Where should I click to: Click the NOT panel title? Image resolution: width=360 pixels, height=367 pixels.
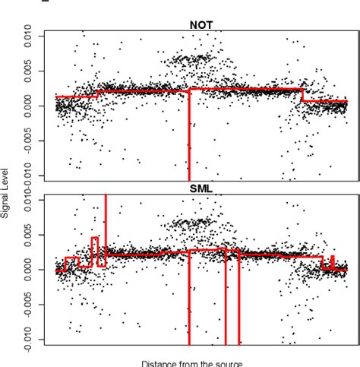(x=200, y=24)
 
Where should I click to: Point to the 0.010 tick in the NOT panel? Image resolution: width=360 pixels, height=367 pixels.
(x=28, y=36)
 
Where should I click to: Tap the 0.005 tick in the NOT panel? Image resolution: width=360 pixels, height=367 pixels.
(x=28, y=71)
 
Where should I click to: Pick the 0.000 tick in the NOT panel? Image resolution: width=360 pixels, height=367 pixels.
(x=28, y=106)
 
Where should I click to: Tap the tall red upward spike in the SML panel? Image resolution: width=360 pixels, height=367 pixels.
(x=106, y=220)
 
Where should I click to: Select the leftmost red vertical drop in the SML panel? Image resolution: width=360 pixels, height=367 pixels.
(x=188, y=304)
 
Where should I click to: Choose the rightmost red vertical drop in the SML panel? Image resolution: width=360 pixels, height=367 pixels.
(x=239, y=304)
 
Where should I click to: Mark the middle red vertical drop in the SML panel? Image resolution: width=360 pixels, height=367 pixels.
(x=226, y=304)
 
